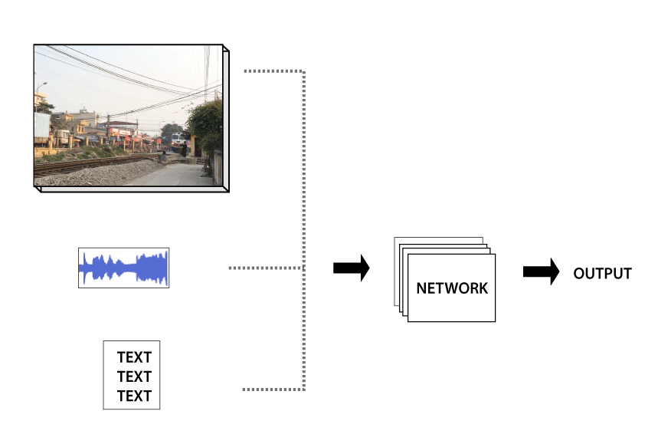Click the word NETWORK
[452, 288]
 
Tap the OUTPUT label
[602, 274]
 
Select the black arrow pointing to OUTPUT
[541, 272]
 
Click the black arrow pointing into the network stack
[352, 268]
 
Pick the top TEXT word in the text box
[134, 357]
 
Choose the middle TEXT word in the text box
[134, 376]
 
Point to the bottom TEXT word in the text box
[134, 396]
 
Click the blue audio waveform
[124, 268]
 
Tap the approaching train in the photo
[178, 142]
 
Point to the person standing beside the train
[184, 150]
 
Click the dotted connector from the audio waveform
[267, 268]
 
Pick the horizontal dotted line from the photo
[274, 71]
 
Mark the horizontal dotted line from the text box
[273, 390]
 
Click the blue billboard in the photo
[42, 125]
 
